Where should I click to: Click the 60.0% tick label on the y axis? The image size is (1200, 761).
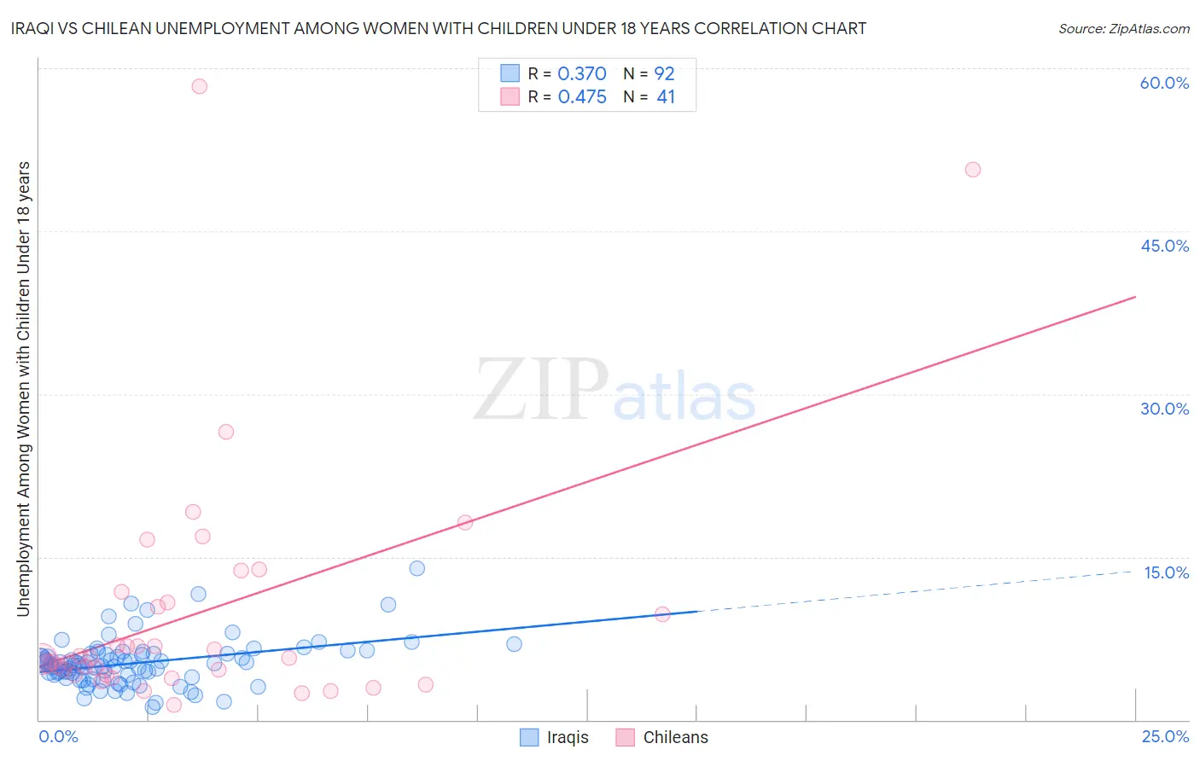pyautogui.click(x=1164, y=83)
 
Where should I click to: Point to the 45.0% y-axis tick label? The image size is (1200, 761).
pyautogui.click(x=1164, y=246)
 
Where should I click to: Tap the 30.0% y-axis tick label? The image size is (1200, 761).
pyautogui.click(x=1164, y=409)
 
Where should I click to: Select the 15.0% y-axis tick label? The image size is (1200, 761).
pyautogui.click(x=1166, y=572)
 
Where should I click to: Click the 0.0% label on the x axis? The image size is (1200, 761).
pyautogui.click(x=58, y=736)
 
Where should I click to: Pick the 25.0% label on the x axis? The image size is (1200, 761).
pyautogui.click(x=1165, y=736)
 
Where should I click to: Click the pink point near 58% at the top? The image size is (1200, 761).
pyautogui.click(x=199, y=86)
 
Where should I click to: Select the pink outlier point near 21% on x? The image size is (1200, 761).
pyautogui.click(x=972, y=170)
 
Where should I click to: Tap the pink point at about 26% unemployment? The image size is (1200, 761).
pyautogui.click(x=226, y=432)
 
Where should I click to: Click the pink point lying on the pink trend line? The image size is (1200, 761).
pyautogui.click(x=465, y=522)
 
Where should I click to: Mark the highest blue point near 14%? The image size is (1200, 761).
pyautogui.click(x=417, y=568)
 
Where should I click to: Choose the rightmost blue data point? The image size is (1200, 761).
pyautogui.click(x=514, y=644)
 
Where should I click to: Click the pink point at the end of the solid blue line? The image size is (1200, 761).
pyautogui.click(x=662, y=613)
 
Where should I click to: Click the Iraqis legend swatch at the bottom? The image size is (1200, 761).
pyautogui.click(x=529, y=737)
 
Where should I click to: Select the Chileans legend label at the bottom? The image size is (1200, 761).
pyautogui.click(x=675, y=737)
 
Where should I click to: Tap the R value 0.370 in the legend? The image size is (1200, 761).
pyautogui.click(x=581, y=74)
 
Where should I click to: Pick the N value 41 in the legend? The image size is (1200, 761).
pyautogui.click(x=666, y=97)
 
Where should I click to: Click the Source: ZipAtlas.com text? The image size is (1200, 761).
pyautogui.click(x=1123, y=29)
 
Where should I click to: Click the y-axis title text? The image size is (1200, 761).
pyautogui.click(x=23, y=388)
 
